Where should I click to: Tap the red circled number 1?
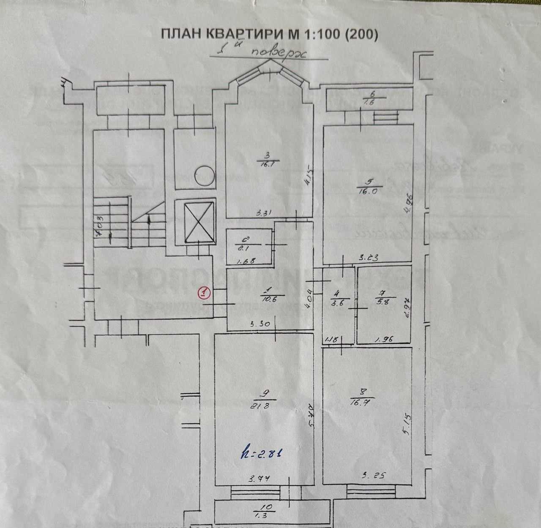coord(205,292)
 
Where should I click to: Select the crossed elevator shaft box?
coord(195,223)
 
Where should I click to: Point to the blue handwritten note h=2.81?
coord(260,454)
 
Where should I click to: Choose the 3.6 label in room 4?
coord(337,302)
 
